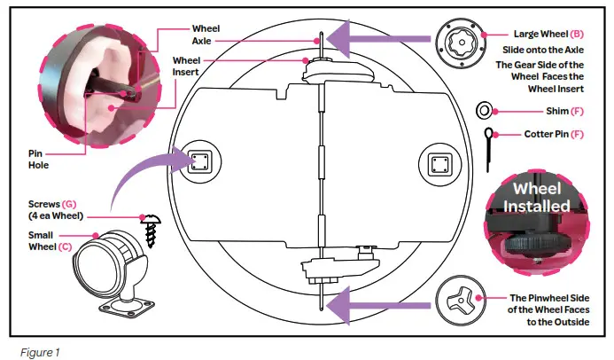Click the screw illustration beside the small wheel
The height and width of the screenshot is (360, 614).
pos(152,231)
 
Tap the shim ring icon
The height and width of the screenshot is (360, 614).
pos(484,111)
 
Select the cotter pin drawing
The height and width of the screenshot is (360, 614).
pos(488,150)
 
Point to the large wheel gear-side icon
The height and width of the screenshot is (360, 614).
pos(461,43)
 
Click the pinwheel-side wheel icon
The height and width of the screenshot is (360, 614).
pos(461,302)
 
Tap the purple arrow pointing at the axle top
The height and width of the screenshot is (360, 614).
pos(377,39)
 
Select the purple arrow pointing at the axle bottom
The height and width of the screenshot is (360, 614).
pos(377,306)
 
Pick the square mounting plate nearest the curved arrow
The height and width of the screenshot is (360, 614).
pos(199,162)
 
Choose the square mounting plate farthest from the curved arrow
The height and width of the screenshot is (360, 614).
pos(439,165)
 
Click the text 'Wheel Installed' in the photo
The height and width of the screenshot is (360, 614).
pos(536,198)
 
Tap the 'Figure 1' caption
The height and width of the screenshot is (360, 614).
pos(40,353)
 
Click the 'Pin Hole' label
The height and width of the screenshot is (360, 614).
pos(38,160)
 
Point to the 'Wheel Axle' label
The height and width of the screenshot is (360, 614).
pos(206,35)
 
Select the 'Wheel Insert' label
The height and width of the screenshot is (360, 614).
pos(186,67)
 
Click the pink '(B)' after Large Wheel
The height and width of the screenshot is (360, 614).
pos(577,34)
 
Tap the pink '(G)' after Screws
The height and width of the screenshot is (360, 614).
pos(69,204)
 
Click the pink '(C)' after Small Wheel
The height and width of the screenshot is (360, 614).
pos(65,247)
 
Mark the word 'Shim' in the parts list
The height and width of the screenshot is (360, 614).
pos(557,111)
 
